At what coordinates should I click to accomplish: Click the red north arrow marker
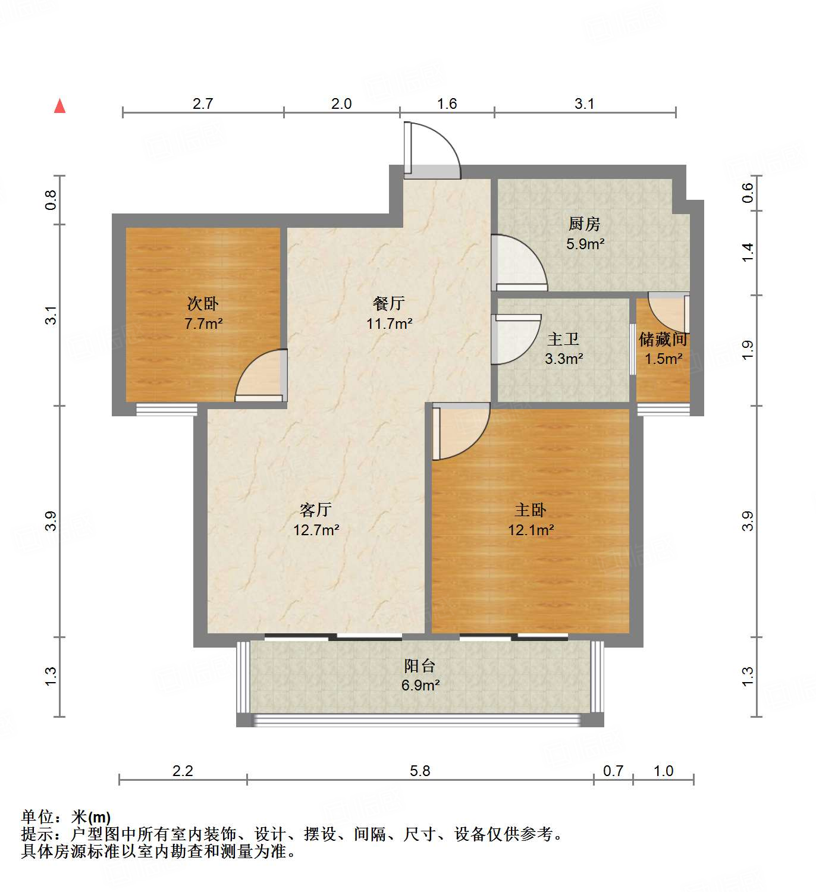pos(59,106)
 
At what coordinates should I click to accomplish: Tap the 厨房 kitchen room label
pos(584,224)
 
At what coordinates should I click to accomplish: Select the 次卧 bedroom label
pos(203,304)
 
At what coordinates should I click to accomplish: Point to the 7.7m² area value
pos(203,324)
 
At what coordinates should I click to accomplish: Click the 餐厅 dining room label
pos(389,303)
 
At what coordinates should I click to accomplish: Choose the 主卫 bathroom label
pos(563,339)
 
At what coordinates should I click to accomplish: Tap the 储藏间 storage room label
pos(663,340)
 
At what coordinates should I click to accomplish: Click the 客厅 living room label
pos(316,510)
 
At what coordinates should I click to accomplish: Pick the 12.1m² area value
pos(531,530)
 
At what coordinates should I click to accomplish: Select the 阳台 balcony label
pos(420,665)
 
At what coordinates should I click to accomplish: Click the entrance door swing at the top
pos(432,150)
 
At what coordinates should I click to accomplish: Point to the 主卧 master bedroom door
pos(459,431)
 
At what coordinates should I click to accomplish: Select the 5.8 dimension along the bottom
pos(420,771)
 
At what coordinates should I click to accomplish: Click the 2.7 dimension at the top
pos(203,104)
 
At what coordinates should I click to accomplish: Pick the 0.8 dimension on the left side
pos(51,200)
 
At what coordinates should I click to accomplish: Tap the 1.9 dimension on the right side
pos(748,350)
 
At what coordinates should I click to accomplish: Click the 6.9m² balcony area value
pos(420,686)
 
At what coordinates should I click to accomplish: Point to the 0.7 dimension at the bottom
pos(613,771)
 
